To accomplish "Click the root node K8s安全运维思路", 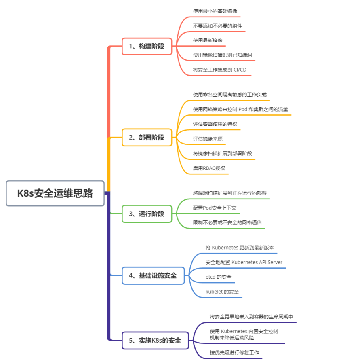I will pyautogui.click(x=55, y=193).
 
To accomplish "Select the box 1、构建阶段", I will pyautogui.click(x=147, y=46).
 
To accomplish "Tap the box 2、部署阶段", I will pyautogui.click(x=147, y=137).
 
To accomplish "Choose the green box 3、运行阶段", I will pyautogui.click(x=147, y=214).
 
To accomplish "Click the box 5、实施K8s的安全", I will pyautogui.click(x=155, y=340).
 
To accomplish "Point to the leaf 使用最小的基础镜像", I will pyautogui.click(x=212, y=11).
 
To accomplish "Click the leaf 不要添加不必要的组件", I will pyautogui.click(x=217, y=26).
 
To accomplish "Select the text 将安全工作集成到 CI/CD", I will pyautogui.click(x=219, y=70).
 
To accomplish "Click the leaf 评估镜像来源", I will pyautogui.click(x=208, y=139).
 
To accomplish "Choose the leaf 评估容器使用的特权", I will pyautogui.click(x=215, y=124).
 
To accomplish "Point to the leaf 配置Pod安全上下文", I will pyautogui.click(x=215, y=208).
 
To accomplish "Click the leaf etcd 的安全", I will pyautogui.click(x=218, y=277).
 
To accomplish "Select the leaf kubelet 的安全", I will pyautogui.click(x=222, y=292).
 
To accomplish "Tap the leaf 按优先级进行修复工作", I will pyautogui.click(x=234, y=352).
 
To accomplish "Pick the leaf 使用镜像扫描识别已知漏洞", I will pyautogui.click(x=223, y=55).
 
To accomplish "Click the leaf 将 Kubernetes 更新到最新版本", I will pyautogui.click(x=240, y=247).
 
